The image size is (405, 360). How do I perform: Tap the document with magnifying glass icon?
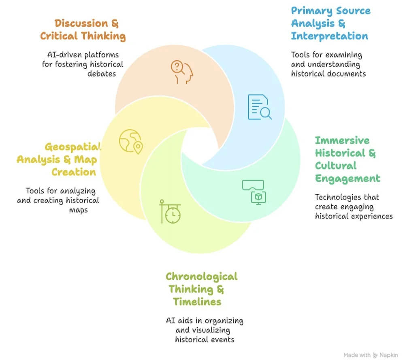point(259,107)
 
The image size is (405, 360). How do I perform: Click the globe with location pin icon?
point(131,141)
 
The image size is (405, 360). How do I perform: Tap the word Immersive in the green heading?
point(342,141)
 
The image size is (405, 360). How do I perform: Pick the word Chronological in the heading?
point(201,277)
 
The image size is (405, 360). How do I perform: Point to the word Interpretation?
point(329,36)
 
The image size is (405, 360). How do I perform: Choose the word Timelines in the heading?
point(197,302)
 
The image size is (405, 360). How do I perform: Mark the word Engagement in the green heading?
point(347,178)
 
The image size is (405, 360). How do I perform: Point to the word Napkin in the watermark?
point(390,355)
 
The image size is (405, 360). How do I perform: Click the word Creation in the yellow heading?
point(73,172)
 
